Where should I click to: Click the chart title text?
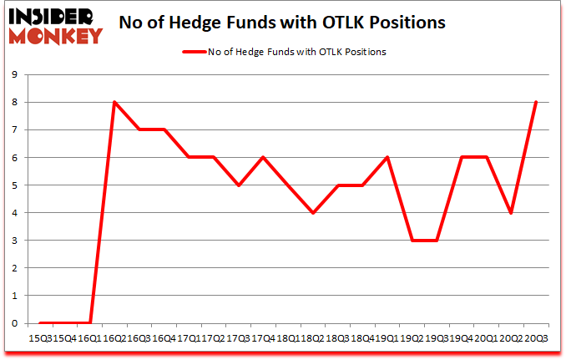point(283,23)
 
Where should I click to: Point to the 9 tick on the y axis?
point(16,74)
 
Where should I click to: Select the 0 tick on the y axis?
point(16,323)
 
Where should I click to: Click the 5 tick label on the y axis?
point(16,185)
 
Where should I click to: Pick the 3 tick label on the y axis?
point(16,241)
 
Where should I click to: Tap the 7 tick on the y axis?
point(16,129)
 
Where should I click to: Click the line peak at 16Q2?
point(114,102)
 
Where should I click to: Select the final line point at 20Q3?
point(535,102)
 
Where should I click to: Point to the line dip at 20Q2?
point(510,213)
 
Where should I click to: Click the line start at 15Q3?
point(40,323)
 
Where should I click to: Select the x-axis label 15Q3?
point(40,337)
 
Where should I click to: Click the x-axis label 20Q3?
point(535,337)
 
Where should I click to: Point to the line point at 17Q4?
point(263,157)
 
